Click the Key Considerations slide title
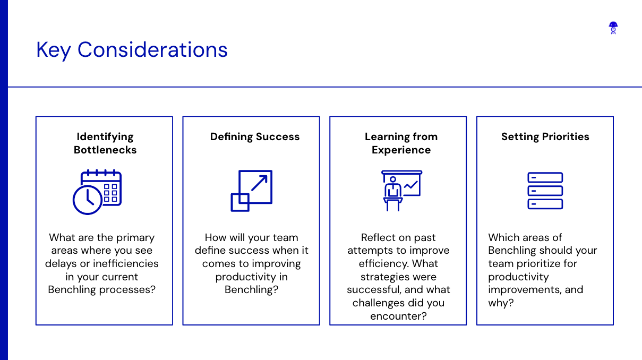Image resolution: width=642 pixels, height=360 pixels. pyautogui.click(x=132, y=50)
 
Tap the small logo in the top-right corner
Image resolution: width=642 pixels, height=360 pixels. pyautogui.click(x=613, y=28)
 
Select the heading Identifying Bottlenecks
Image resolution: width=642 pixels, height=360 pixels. pyautogui.click(x=105, y=143)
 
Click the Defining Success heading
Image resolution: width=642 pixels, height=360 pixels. pyautogui.click(x=255, y=136)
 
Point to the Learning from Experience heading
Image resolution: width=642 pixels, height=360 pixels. pyautogui.click(x=401, y=143)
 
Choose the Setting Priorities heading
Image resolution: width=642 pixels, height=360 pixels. pyautogui.click(x=545, y=136)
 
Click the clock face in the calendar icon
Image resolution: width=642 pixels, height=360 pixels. pyautogui.click(x=88, y=200)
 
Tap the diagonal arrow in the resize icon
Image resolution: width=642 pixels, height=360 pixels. pyautogui.click(x=259, y=183)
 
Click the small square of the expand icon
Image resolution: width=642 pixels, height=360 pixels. pyautogui.click(x=240, y=202)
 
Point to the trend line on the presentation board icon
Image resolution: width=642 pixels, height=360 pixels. pyautogui.click(x=410, y=185)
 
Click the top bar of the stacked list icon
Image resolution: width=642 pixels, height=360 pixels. pyautogui.click(x=545, y=177)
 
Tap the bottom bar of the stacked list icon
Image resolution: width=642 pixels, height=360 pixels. pyautogui.click(x=545, y=204)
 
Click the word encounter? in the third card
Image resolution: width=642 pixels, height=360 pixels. pyautogui.click(x=398, y=316)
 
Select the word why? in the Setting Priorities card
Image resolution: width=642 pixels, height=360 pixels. pyautogui.click(x=501, y=303)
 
